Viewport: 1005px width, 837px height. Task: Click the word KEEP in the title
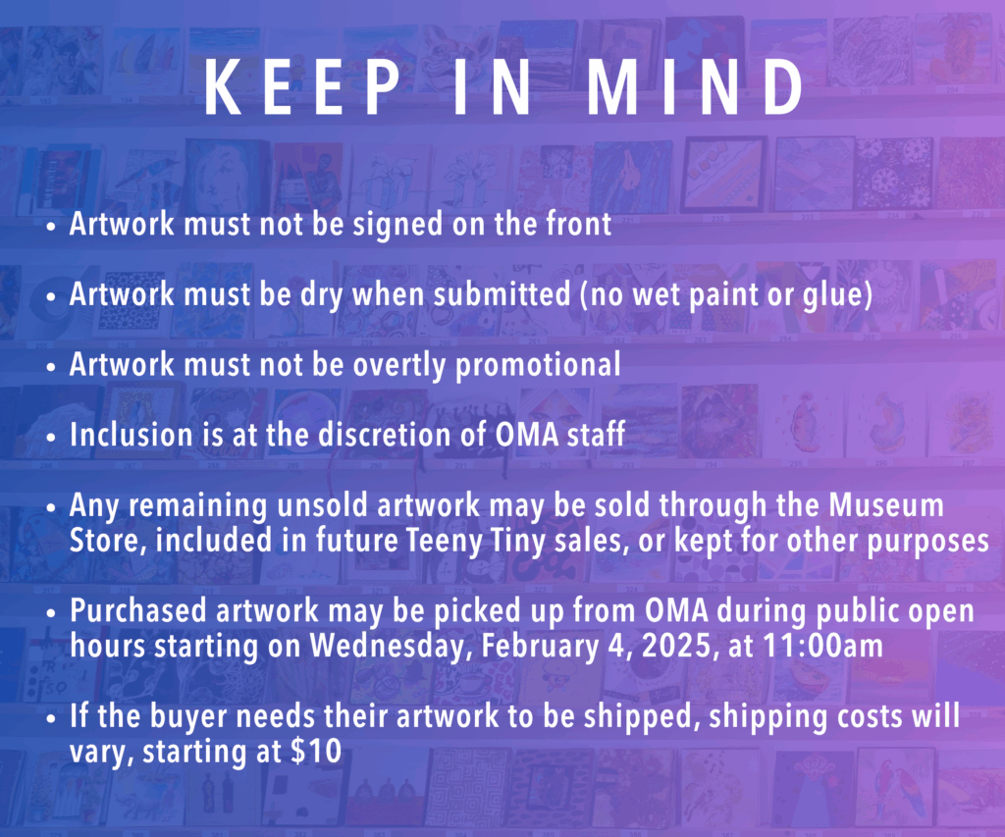[302, 87]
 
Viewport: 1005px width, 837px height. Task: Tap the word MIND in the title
[696, 87]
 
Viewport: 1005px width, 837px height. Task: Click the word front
[579, 224]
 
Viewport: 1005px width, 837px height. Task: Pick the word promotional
[538, 366]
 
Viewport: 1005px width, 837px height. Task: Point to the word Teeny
[445, 542]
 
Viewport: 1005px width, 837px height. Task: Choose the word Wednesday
[392, 647]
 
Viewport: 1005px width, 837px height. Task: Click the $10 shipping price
[316, 751]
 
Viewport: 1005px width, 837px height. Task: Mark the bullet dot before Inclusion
[52, 437]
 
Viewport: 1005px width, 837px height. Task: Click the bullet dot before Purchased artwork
[52, 612]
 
